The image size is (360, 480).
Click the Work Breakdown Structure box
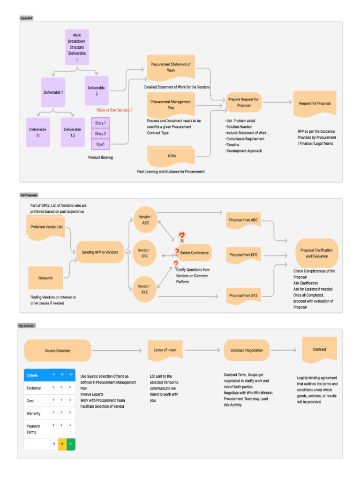point(77,47)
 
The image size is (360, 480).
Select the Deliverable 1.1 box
point(37,132)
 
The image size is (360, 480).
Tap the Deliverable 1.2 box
point(73,132)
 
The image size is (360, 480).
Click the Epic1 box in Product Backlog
point(100,144)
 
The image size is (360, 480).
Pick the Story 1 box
point(100,123)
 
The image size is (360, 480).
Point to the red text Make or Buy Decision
point(114,110)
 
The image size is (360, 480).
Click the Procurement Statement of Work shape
point(171,67)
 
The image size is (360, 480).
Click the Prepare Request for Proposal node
point(244,102)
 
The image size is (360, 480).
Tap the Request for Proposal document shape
point(315,103)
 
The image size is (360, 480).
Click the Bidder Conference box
point(194,253)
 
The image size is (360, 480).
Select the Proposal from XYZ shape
point(243,295)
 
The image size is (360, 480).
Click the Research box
point(45,278)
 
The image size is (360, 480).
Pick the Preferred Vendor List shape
point(46,227)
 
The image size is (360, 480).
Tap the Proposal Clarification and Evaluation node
point(317,253)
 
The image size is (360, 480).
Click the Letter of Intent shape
point(165,350)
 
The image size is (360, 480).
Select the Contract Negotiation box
point(247,350)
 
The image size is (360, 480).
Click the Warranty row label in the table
point(33,413)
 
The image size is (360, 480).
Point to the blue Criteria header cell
point(37,375)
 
